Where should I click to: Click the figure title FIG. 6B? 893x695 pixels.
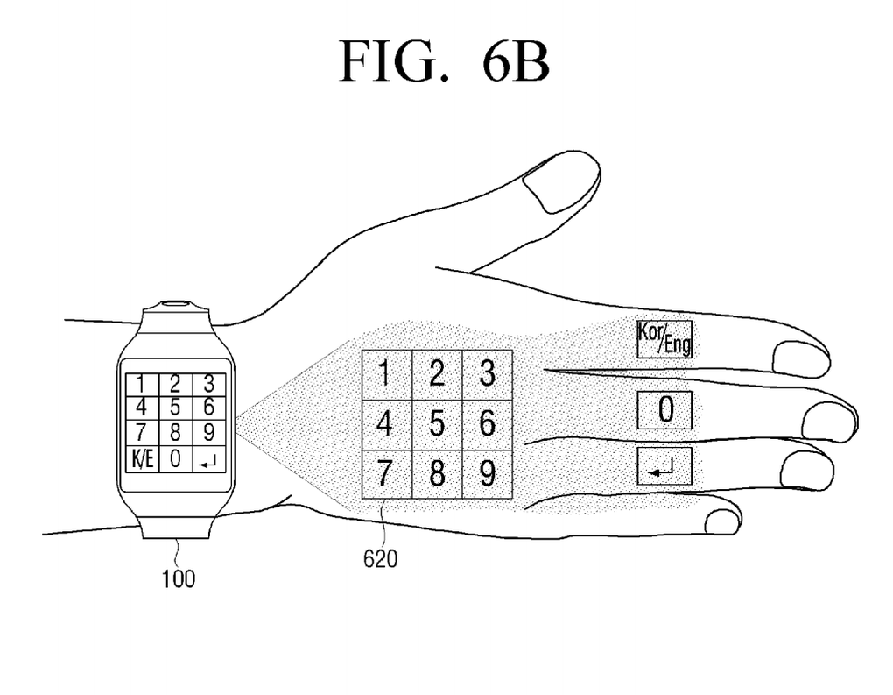445,61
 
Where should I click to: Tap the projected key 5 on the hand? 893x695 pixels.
437,424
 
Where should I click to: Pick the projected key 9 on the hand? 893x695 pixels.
488,474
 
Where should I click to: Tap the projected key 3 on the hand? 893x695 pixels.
488,375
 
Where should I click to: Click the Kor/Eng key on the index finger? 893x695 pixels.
664,338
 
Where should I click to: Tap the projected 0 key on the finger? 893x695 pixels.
664,410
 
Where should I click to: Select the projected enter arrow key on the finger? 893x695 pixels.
664,466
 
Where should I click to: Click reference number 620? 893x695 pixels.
380,557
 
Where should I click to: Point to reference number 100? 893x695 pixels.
178,578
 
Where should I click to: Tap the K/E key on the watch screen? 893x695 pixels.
141,457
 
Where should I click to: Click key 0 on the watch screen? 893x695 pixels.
174,457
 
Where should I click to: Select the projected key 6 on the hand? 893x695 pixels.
488,424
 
